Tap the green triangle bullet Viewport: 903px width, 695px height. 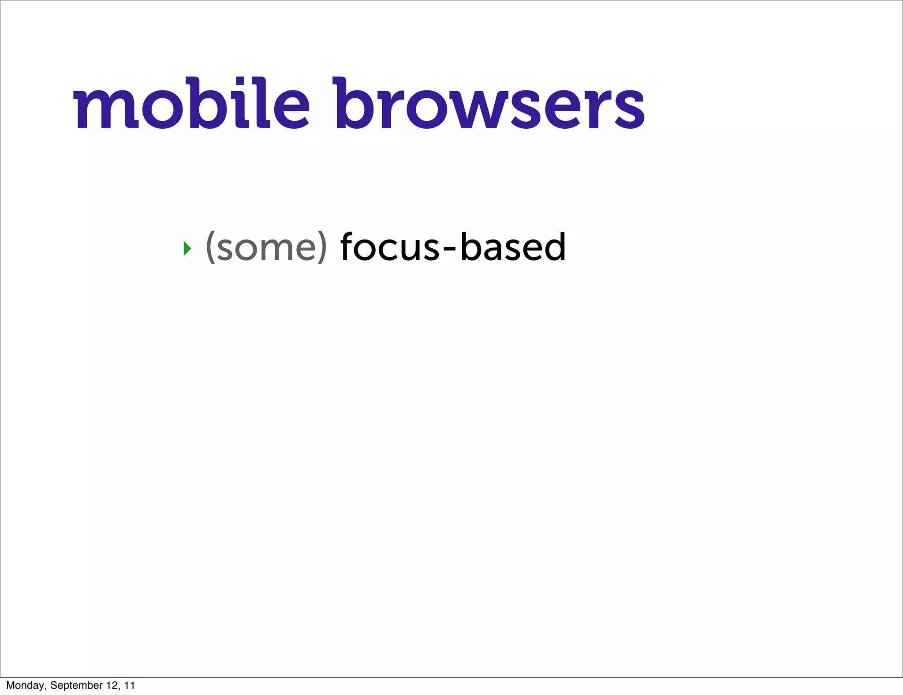coord(187,249)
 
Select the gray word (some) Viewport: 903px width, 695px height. coord(266,248)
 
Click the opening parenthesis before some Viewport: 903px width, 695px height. coord(211,248)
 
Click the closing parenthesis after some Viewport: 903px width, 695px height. coord(322,248)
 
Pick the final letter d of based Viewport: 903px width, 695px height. coord(554,246)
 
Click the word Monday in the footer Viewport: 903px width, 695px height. coord(25,685)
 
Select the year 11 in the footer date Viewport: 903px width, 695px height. coord(130,685)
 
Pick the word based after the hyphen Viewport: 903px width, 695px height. coord(513,247)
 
